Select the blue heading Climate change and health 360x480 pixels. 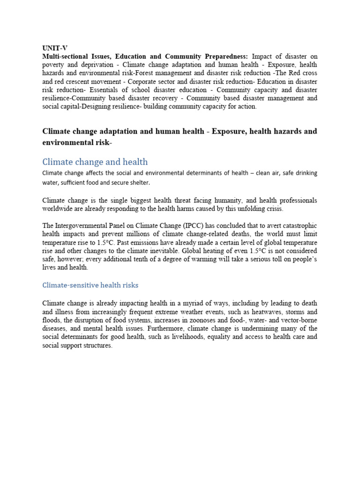click(95, 162)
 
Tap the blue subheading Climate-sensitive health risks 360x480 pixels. click(90, 285)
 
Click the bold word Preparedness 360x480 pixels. click(224, 56)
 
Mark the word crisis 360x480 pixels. click(273, 209)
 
